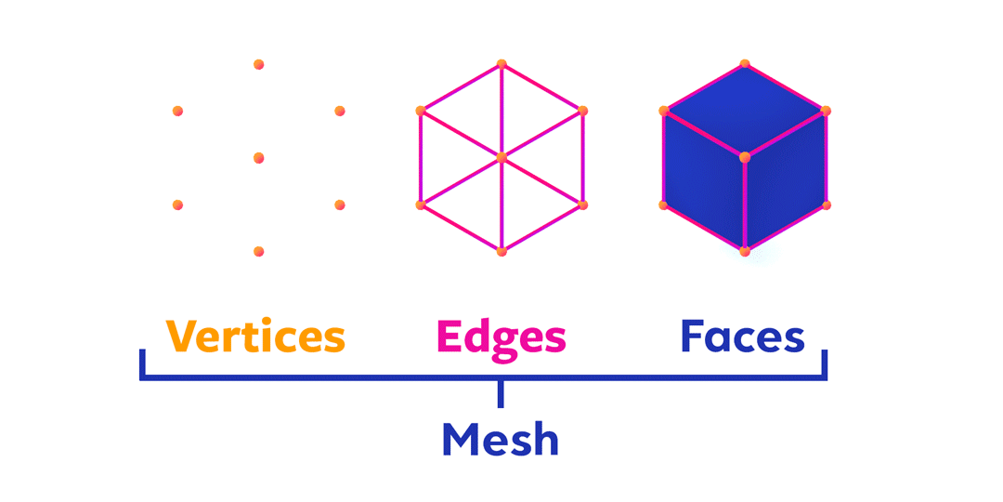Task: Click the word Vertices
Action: coord(255,337)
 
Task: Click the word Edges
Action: coord(501,337)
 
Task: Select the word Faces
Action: coord(742,337)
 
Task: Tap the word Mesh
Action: coord(500,438)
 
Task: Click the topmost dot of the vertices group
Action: coord(258,64)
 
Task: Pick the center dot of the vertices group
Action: coord(258,158)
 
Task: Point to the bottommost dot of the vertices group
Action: coord(258,251)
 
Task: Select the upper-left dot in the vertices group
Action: coord(177,111)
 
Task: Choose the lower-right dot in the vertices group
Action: coord(340,205)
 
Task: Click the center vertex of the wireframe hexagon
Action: coord(501,158)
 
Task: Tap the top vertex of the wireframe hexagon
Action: coord(501,64)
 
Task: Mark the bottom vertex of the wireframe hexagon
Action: coord(501,251)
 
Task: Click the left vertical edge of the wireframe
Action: coord(421,158)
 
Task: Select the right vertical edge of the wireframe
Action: coord(582,158)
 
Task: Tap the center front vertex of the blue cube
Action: coord(745,158)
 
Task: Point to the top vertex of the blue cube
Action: coord(745,64)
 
